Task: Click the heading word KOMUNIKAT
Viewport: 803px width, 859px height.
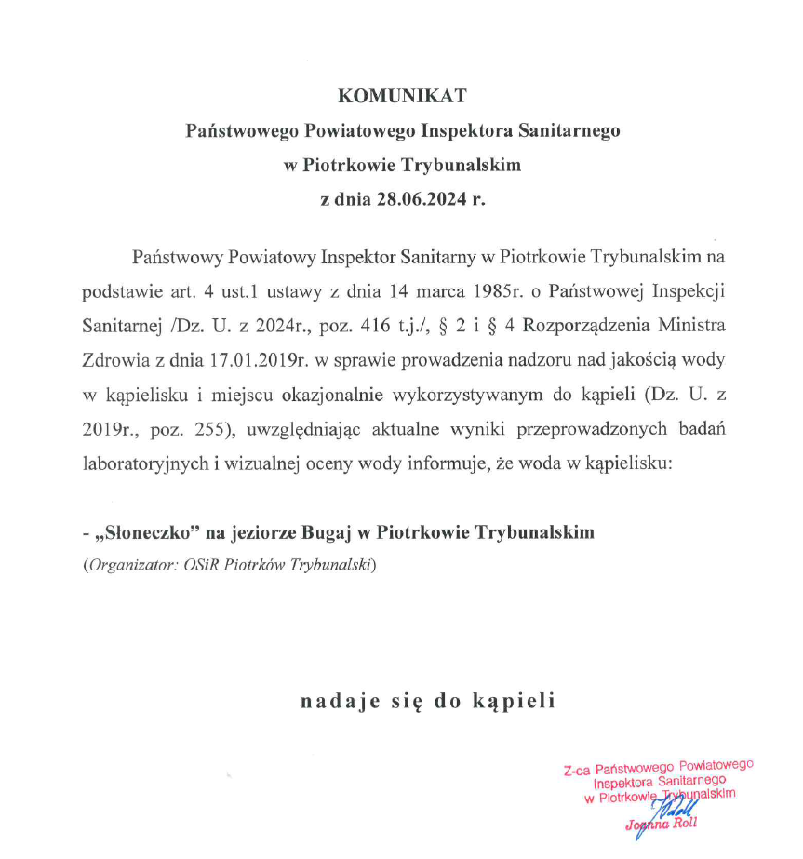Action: tap(401, 96)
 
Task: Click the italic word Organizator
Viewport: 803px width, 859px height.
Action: tap(129, 565)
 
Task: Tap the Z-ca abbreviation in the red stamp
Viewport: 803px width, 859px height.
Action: tap(579, 770)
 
